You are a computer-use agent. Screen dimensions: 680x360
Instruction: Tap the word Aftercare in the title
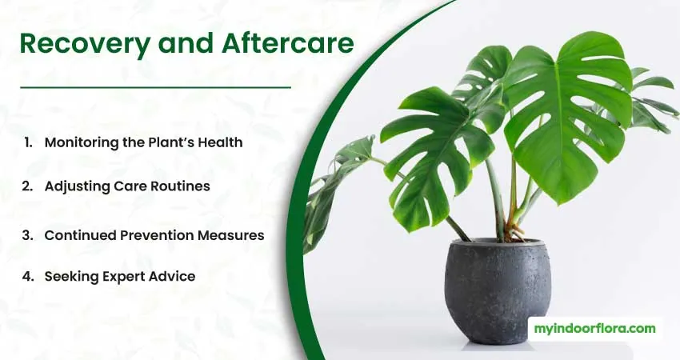(x=288, y=43)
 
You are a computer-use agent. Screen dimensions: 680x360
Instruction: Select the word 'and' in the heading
(x=186, y=43)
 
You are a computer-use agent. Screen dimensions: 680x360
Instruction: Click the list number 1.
(x=29, y=142)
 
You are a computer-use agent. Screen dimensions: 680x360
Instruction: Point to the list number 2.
(x=28, y=186)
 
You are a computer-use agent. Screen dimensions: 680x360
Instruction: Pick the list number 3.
(x=28, y=235)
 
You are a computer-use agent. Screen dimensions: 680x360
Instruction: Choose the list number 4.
(x=28, y=276)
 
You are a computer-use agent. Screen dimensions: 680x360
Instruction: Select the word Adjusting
(x=77, y=187)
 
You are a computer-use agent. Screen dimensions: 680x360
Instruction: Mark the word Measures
(x=231, y=235)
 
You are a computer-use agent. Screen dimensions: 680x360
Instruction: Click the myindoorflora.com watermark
(x=594, y=329)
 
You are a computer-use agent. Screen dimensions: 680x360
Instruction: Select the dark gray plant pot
(x=498, y=290)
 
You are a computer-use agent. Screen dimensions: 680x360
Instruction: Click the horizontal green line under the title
(x=155, y=87)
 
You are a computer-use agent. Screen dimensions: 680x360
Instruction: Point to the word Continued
(x=80, y=235)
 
